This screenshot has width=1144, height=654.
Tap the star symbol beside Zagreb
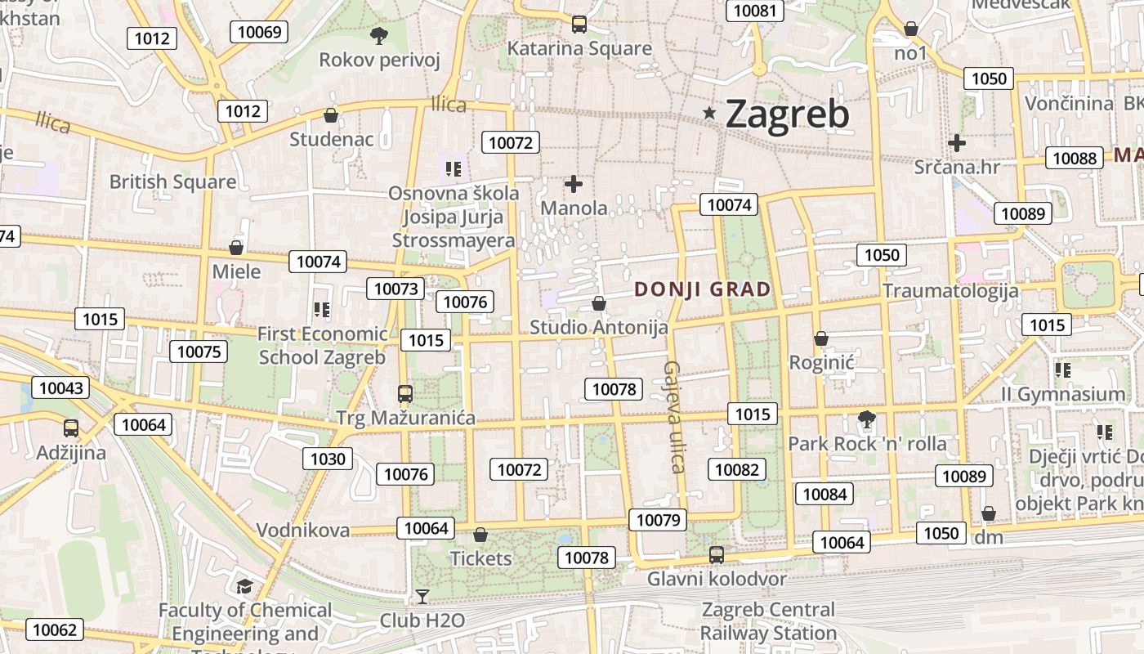[x=709, y=114]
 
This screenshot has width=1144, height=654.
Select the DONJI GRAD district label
[x=703, y=289]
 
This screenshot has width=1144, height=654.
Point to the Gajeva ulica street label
[x=674, y=417]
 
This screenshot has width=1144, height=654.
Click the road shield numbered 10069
[x=260, y=32]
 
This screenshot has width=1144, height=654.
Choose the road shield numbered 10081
[x=755, y=10]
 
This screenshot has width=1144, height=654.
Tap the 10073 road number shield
[x=396, y=288]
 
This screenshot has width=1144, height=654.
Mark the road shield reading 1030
[x=328, y=459]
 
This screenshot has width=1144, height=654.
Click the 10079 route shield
[x=658, y=520]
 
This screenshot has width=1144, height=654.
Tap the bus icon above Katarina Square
[x=579, y=25]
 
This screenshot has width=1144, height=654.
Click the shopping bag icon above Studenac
[x=331, y=115]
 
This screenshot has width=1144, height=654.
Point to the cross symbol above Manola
[x=574, y=184]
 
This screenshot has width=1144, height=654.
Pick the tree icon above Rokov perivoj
[x=378, y=35]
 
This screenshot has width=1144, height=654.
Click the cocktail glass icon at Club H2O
[x=422, y=596]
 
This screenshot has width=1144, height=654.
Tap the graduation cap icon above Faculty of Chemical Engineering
[x=244, y=586]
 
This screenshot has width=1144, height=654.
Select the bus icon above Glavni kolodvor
[x=717, y=554]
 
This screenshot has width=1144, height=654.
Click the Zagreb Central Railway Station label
[x=768, y=621]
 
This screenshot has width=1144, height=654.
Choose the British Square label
[x=172, y=181]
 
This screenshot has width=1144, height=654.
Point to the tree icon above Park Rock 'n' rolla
[x=867, y=420]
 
